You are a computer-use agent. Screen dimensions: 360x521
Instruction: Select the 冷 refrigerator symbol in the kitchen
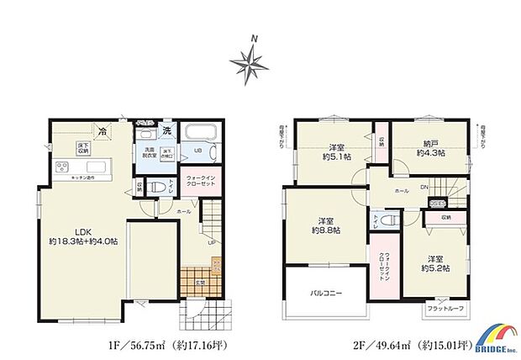[102, 130]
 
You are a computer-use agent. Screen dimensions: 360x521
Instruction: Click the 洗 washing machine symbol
[167, 130]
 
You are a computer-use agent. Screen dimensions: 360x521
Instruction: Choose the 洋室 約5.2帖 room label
[434, 262]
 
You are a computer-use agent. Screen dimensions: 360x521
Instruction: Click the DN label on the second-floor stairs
[425, 187]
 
